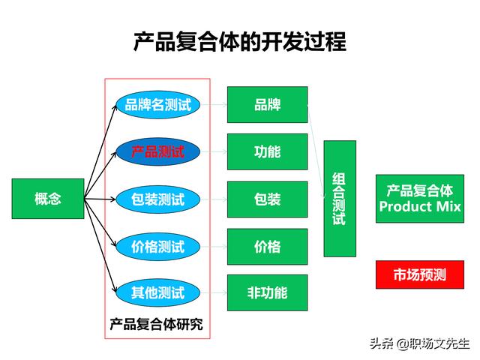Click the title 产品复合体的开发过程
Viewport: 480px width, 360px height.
240,42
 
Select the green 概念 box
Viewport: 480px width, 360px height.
48,199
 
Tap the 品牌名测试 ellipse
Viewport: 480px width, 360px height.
158,105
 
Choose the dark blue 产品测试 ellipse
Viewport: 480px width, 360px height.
158,151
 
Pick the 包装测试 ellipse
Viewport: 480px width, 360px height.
158,199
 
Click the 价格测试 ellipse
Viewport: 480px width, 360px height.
158,247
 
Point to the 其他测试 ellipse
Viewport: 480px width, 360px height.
158,292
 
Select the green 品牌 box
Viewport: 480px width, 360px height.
267,105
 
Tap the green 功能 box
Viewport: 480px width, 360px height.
267,151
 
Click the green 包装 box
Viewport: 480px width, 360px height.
267,199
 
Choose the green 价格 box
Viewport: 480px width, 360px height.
267,247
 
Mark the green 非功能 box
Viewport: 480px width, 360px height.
267,292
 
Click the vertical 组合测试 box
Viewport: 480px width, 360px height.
340,199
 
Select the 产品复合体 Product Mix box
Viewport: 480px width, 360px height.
420,199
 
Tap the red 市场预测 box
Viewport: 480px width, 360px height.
420,274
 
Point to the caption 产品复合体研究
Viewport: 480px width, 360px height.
156,324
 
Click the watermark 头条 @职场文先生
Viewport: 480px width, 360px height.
420,343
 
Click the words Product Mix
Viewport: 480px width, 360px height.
420,207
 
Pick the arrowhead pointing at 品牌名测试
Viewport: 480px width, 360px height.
115,107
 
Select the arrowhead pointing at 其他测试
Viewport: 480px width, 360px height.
115,289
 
